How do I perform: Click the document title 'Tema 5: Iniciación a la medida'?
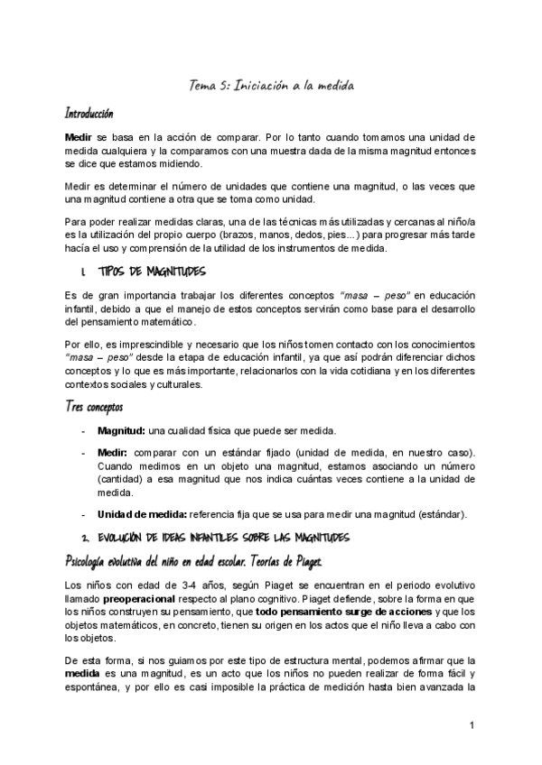coord(271,86)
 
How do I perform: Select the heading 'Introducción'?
coord(88,115)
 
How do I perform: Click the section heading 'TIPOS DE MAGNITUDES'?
coord(154,272)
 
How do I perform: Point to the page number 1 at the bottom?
coord(472,726)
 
